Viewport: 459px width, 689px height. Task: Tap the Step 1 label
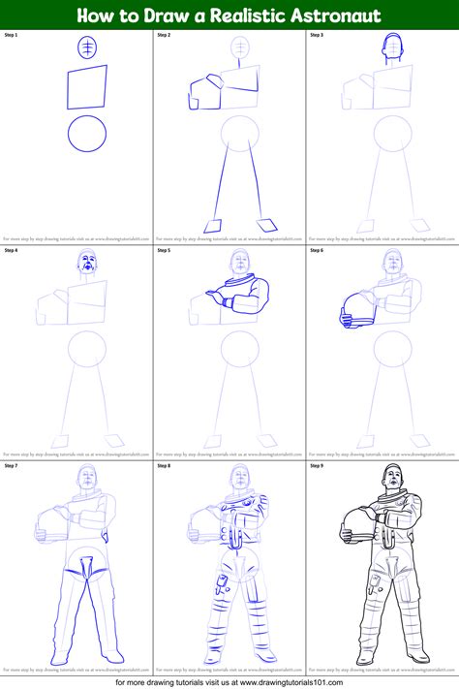[12, 35]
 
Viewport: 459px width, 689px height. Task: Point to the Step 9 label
[317, 465]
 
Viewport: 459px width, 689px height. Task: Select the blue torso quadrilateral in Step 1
[88, 88]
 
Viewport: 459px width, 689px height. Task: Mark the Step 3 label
[317, 35]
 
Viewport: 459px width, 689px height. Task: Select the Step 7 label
[12, 465]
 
